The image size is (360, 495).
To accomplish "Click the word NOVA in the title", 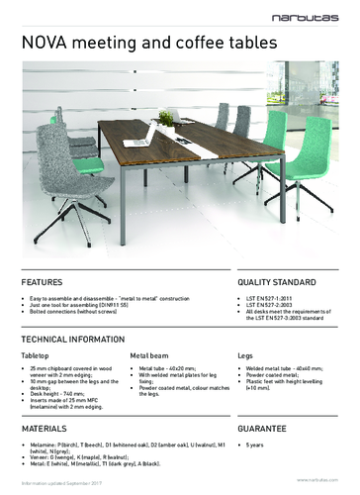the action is click(37, 42).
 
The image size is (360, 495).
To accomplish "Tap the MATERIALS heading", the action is click(45, 432).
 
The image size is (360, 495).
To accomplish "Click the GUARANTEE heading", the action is click(261, 432).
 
